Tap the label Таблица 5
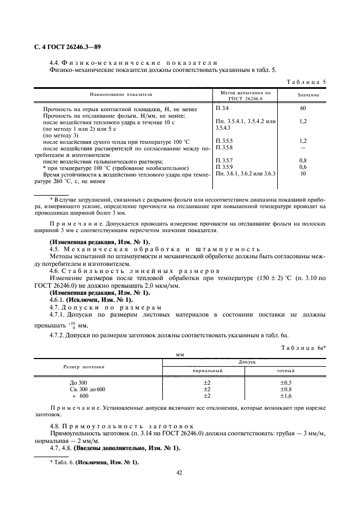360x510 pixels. (x=306, y=82)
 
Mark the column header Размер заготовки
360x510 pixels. (x=88, y=366)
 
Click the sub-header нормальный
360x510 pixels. (x=206, y=370)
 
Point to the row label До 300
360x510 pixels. (x=72, y=382)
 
